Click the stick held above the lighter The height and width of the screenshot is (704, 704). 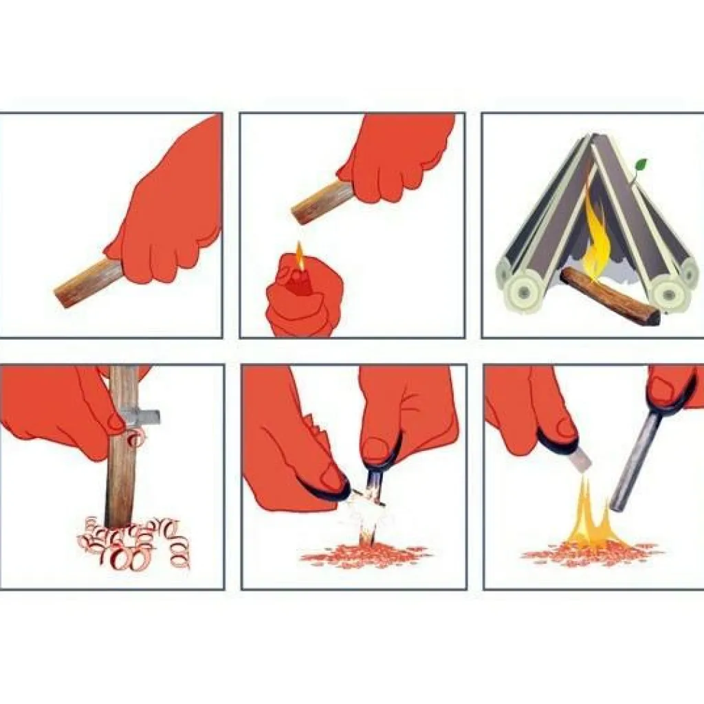point(320,202)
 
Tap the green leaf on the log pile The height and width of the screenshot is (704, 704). point(641,166)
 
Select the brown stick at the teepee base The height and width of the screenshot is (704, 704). point(608,296)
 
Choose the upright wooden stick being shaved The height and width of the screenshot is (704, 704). point(122,467)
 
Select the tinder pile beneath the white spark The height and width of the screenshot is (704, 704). point(364,553)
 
